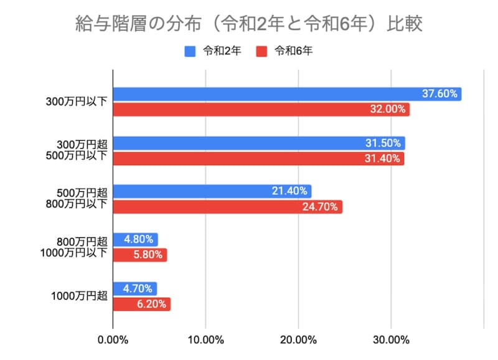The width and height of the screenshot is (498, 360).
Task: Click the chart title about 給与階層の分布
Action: (x=248, y=23)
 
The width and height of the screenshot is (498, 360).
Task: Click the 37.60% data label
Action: (x=440, y=94)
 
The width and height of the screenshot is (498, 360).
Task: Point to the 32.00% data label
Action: (x=389, y=110)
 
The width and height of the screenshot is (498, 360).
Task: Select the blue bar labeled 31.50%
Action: (x=258, y=143)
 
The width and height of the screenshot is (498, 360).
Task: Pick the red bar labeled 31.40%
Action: (x=258, y=159)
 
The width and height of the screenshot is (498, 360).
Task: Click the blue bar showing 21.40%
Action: (x=212, y=191)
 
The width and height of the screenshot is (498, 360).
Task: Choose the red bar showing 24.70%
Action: (x=227, y=207)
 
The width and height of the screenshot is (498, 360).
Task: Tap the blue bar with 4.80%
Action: (x=135, y=239)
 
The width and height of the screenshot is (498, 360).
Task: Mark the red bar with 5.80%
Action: (x=139, y=255)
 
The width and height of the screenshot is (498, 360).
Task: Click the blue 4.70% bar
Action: (x=134, y=288)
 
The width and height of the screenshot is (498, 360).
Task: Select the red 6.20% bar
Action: (x=141, y=304)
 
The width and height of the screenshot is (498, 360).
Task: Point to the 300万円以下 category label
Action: (x=77, y=102)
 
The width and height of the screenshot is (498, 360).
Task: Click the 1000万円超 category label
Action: (x=78, y=296)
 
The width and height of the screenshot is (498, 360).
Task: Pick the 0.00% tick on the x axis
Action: (x=113, y=340)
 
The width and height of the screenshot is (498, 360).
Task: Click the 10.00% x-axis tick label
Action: (x=205, y=340)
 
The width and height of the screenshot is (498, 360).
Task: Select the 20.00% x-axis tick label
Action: (x=298, y=340)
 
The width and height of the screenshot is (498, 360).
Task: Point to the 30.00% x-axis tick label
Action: (x=391, y=340)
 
